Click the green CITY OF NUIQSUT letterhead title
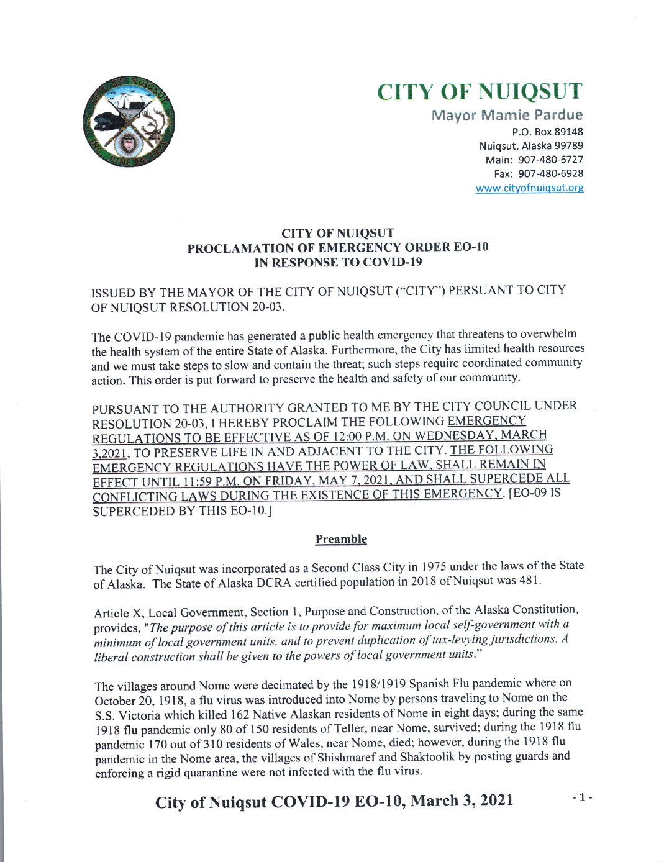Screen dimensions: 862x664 click(x=479, y=92)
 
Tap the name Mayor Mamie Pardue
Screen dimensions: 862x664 click(x=507, y=115)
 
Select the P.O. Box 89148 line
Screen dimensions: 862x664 click(x=547, y=132)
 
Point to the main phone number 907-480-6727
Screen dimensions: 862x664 click(x=550, y=160)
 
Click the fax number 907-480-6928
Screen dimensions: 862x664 click(x=550, y=174)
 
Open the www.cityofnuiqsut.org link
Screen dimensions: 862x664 click(x=529, y=188)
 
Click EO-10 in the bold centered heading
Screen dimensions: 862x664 click(x=471, y=247)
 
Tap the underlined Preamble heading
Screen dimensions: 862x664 click(x=341, y=539)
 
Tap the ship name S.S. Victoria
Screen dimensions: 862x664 click(x=127, y=715)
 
